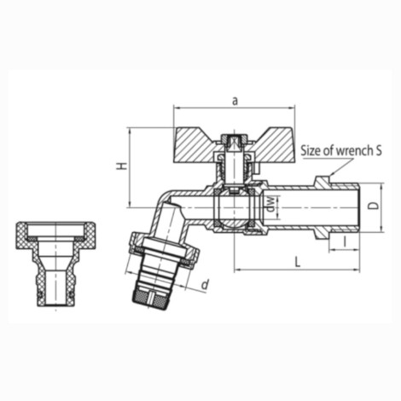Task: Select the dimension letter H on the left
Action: [122, 166]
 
